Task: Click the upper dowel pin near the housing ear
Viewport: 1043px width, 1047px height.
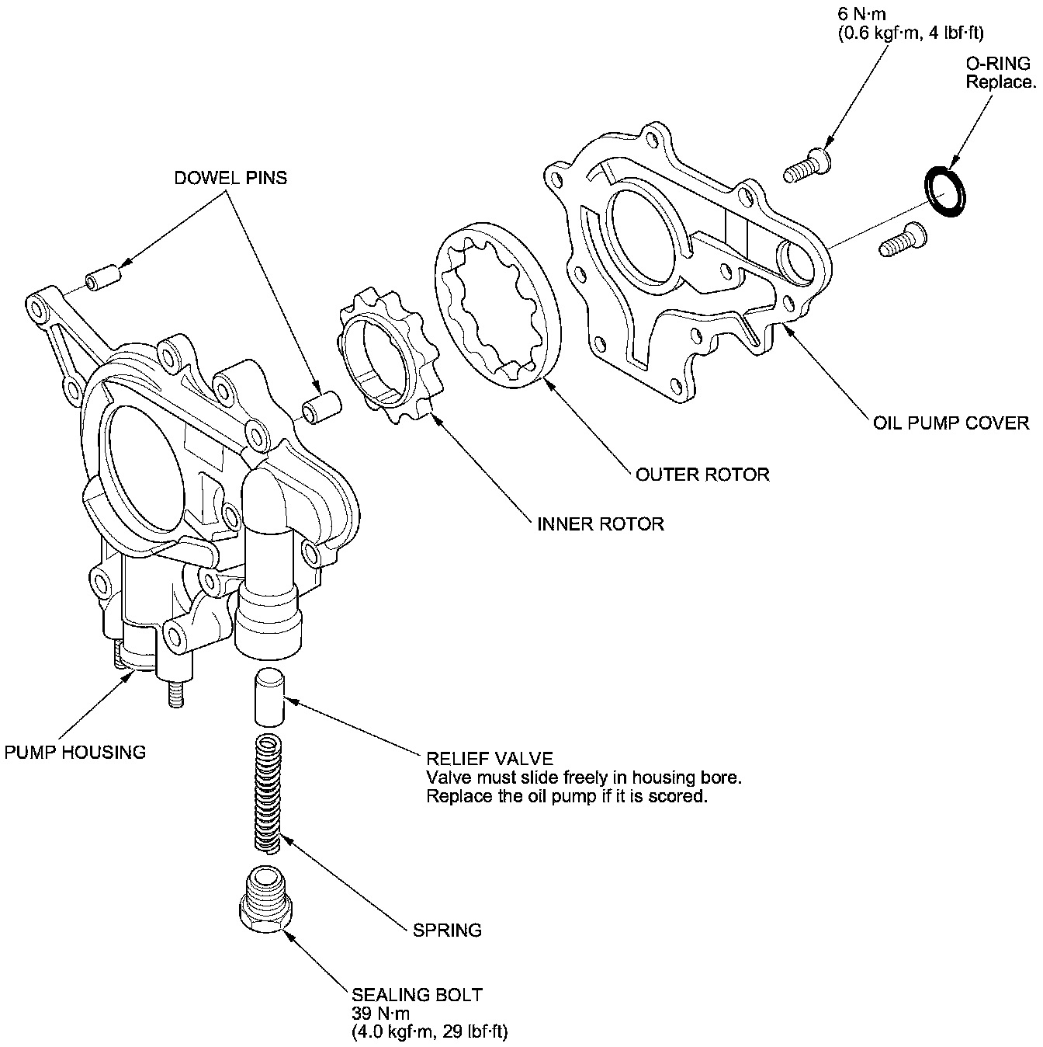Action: [x=103, y=277]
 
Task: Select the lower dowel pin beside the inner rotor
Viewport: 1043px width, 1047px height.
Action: [x=321, y=408]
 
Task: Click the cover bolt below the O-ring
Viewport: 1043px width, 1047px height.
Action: [x=901, y=238]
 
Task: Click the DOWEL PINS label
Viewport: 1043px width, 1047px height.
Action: [x=230, y=178]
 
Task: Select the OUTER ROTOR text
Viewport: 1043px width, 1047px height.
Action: [x=702, y=474]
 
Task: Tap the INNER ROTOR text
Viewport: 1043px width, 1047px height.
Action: [x=601, y=523]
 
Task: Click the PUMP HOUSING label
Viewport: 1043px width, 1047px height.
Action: [x=75, y=752]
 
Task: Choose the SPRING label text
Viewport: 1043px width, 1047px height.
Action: [x=448, y=930]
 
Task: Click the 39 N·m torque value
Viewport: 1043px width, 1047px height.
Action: [x=380, y=1014]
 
